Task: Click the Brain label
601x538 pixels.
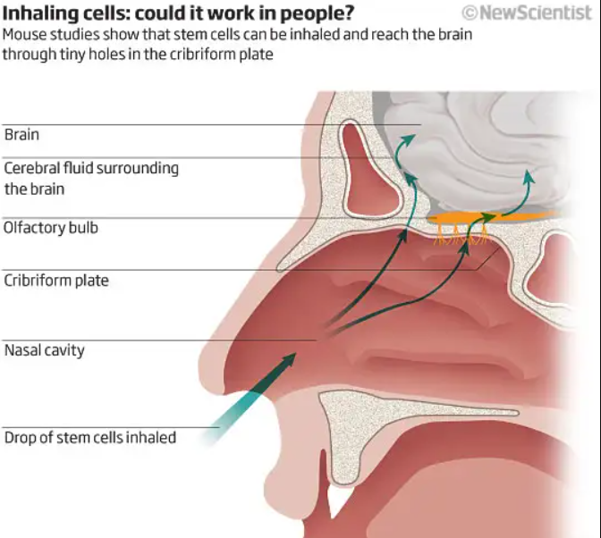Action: (22, 135)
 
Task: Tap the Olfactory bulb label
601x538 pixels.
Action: (51, 228)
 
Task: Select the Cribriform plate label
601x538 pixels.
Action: (56, 281)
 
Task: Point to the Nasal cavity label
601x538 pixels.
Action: (45, 350)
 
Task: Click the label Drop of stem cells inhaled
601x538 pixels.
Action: (90, 438)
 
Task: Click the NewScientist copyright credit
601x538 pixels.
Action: (527, 13)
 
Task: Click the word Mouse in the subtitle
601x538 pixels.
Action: (24, 35)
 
